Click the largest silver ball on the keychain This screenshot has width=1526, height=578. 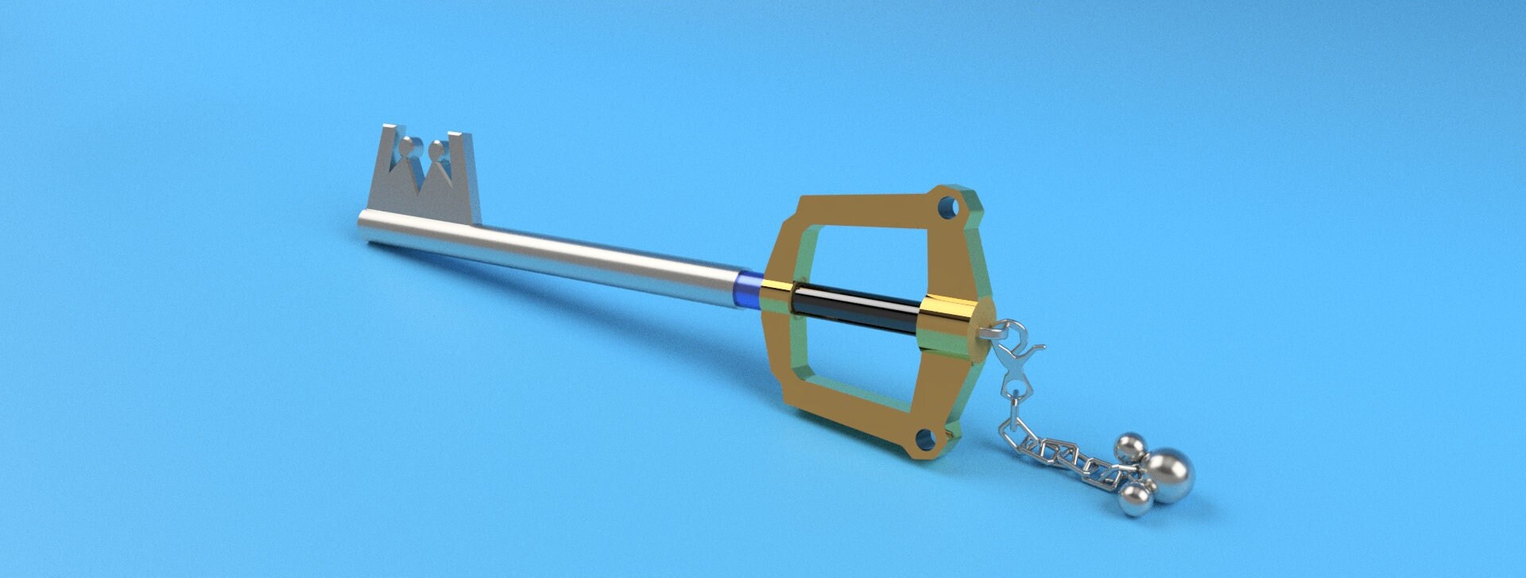pyautogui.click(x=1168, y=475)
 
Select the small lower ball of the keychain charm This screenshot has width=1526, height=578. pyautogui.click(x=1134, y=499)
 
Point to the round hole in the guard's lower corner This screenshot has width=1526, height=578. pyautogui.click(x=925, y=439)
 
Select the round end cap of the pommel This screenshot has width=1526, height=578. pyautogui.click(x=983, y=327)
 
